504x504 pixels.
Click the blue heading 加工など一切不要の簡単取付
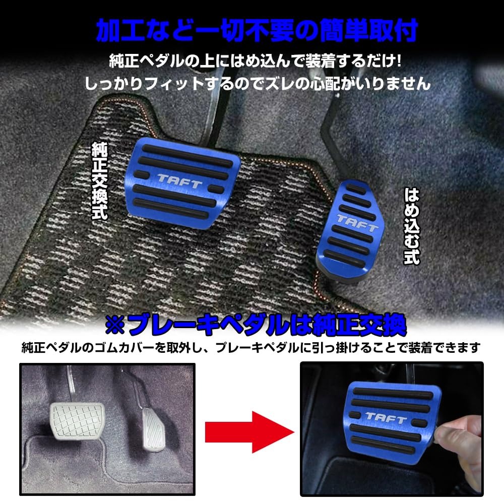(257, 31)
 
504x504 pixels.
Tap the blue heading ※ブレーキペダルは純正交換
(255, 326)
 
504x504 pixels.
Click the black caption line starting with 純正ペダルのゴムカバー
(251, 348)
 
